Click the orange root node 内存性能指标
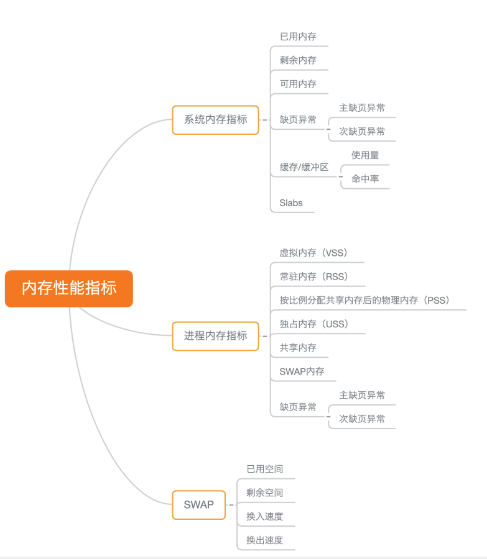[x=69, y=288]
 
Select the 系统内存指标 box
[x=215, y=120]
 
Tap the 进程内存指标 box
[x=215, y=336]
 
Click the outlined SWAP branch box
[x=198, y=505]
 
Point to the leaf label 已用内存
[x=298, y=37]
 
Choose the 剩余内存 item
[x=298, y=60]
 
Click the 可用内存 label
[x=298, y=84]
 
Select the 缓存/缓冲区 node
[x=304, y=167]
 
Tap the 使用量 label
[x=365, y=155]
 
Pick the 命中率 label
[x=365, y=179]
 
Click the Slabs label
[x=291, y=203]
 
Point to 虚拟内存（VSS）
[x=313, y=253]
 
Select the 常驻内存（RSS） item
[x=314, y=276]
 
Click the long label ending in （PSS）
[x=364, y=301]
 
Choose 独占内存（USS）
[x=314, y=324]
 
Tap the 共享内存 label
[x=298, y=348]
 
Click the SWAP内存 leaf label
[x=302, y=371]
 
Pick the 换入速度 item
[x=264, y=517]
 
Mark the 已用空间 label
[x=264, y=469]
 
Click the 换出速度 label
[x=264, y=540]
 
